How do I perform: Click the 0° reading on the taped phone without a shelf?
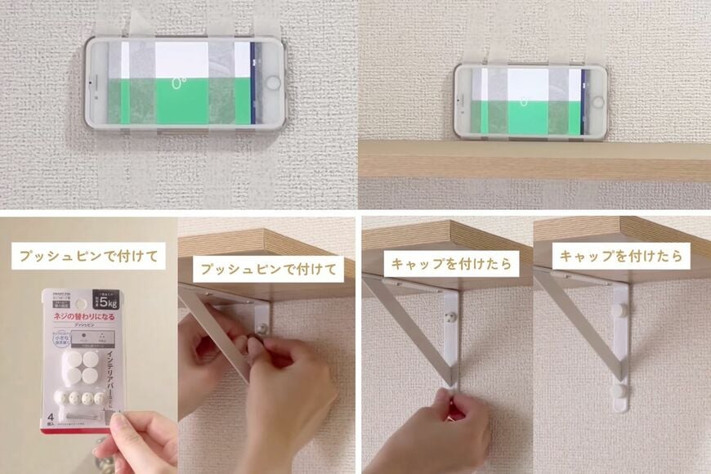[177, 83]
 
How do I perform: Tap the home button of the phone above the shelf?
[598, 102]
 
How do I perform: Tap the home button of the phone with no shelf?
[272, 83]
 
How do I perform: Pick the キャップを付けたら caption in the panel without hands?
[621, 256]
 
